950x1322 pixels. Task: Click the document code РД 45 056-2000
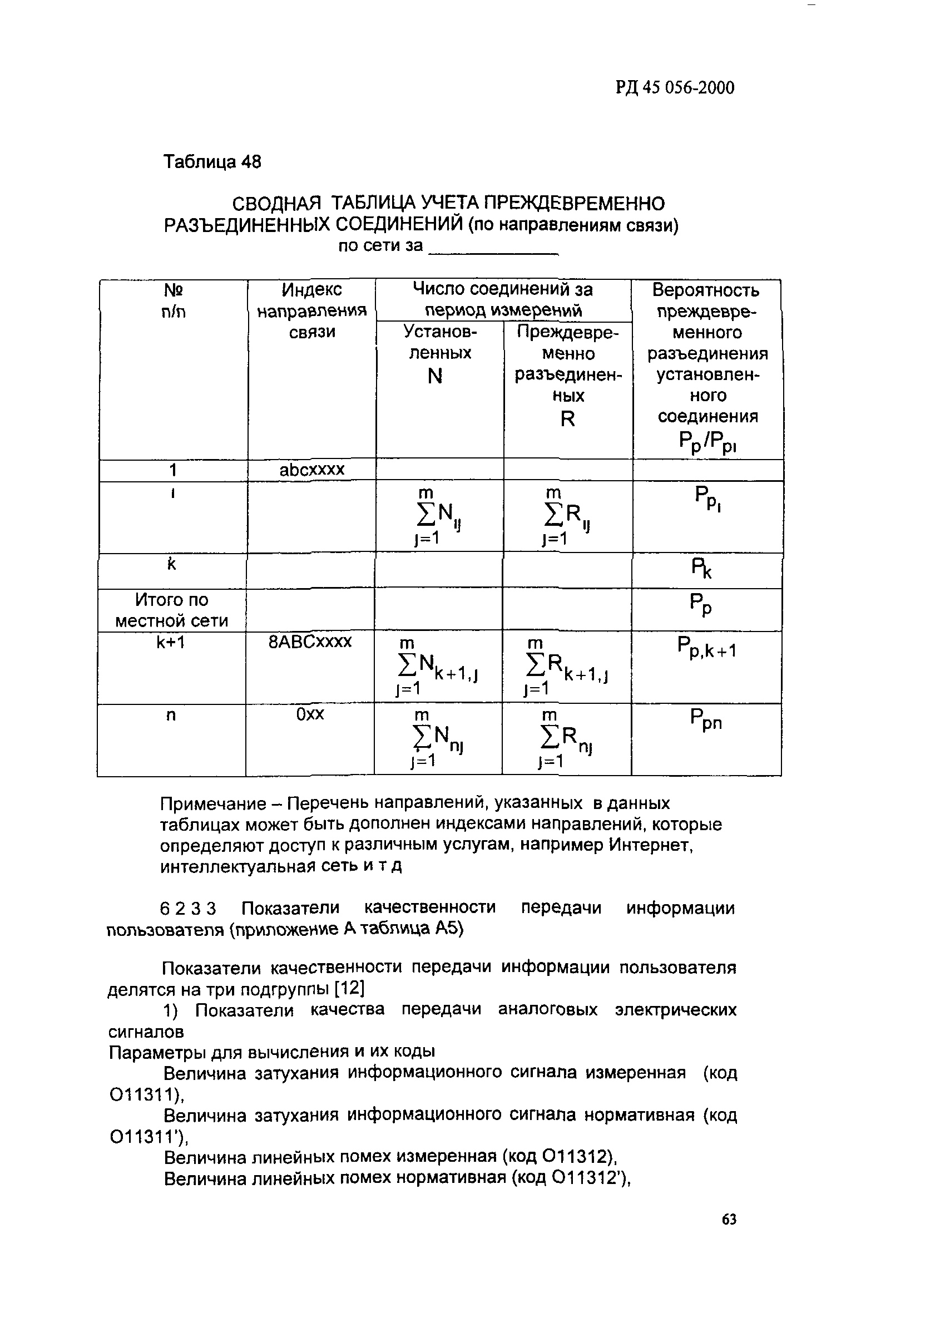pyautogui.click(x=674, y=87)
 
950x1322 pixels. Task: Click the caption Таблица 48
pyautogui.click(x=211, y=161)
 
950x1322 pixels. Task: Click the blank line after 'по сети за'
pyautogui.click(x=493, y=248)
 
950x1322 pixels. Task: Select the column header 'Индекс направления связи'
pyautogui.click(x=311, y=310)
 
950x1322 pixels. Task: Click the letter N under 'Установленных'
pyautogui.click(x=435, y=377)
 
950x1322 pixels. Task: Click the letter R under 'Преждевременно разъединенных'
pyautogui.click(x=567, y=418)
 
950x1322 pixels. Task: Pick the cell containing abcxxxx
pyautogui.click(x=312, y=470)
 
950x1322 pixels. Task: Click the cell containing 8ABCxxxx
pyautogui.click(x=309, y=642)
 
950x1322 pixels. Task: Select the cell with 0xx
pyautogui.click(x=309, y=714)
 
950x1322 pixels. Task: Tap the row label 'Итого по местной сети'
pyautogui.click(x=171, y=610)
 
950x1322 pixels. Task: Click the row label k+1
pyautogui.click(x=171, y=642)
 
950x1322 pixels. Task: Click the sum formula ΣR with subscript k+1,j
pyautogui.click(x=566, y=668)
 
